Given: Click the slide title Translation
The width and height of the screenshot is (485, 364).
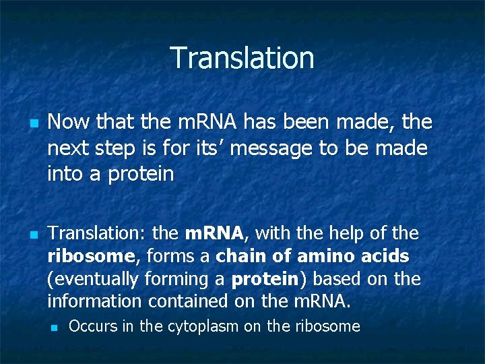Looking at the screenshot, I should pyautogui.click(x=243, y=58).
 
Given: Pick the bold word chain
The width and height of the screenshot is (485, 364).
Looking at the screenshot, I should pyautogui.click(x=240, y=257).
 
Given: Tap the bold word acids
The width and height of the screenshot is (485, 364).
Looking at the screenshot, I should pyautogui.click(x=384, y=257).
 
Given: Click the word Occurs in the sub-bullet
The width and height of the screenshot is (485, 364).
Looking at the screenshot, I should pyautogui.click(x=93, y=327).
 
